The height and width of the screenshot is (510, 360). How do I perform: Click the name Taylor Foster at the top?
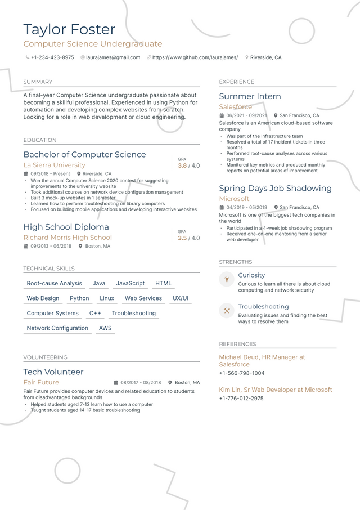coord(69,29)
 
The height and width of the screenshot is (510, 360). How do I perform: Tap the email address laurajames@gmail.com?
coord(113,57)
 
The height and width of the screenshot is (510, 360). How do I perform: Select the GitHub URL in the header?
coord(195,57)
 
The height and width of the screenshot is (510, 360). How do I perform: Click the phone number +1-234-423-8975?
coord(52,57)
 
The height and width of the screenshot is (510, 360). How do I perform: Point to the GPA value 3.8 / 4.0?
coord(188,166)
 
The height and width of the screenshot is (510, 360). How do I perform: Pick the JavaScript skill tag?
coord(130,284)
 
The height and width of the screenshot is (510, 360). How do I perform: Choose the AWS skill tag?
coord(105,328)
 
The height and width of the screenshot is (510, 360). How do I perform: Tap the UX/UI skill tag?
coord(181,298)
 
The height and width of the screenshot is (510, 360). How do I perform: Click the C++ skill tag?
coord(95,314)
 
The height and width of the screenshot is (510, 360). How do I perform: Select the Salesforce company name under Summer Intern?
coord(236,107)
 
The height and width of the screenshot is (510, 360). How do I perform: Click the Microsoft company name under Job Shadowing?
coord(234,199)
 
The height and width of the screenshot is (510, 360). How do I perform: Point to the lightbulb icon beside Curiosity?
coord(227,279)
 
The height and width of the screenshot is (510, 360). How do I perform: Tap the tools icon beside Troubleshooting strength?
coord(227,310)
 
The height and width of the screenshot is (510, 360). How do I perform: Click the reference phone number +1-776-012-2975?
coord(241,399)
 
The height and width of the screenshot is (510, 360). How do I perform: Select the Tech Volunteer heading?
coord(53,372)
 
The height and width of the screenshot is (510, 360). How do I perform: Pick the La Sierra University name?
coord(54,165)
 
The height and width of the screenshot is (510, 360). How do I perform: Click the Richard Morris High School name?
coord(67,238)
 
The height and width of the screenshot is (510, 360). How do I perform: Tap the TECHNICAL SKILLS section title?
coord(49,269)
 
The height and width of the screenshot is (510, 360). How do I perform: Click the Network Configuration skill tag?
coord(57,328)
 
